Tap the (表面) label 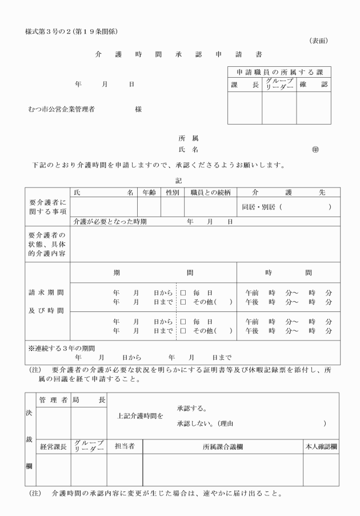tap(318, 41)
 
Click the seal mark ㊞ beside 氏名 tap(315, 150)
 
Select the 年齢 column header tap(149, 193)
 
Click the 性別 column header tap(172, 193)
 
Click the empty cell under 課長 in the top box tap(245, 109)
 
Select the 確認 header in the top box tap(313, 85)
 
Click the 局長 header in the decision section tap(89, 401)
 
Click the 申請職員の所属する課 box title tap(279, 72)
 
